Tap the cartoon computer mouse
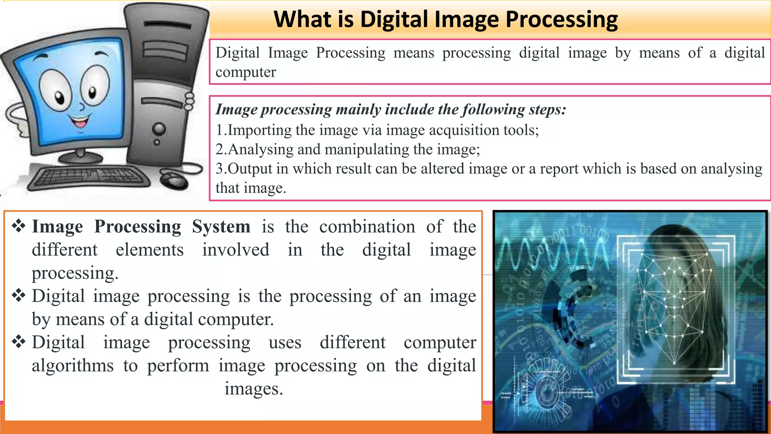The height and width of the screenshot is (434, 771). [174, 180]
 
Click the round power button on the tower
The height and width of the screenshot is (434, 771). [159, 129]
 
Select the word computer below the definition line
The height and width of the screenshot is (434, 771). [245, 72]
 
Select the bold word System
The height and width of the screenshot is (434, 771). [221, 227]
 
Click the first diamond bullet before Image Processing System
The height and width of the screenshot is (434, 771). [18, 226]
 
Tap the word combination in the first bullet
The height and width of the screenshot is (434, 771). [367, 227]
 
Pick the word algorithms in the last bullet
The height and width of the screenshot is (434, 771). [72, 366]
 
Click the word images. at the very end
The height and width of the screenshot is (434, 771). [254, 389]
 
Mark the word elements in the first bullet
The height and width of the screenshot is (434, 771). [149, 250]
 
